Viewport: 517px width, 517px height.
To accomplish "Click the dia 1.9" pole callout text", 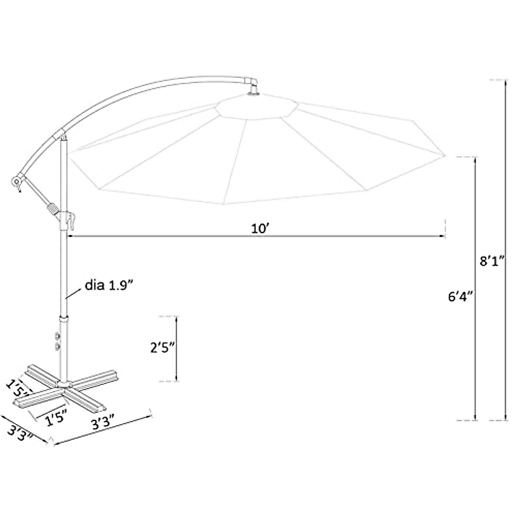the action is (109, 286).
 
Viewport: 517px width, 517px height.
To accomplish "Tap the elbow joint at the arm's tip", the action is (251, 81).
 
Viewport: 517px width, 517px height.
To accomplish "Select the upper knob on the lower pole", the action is (57, 336).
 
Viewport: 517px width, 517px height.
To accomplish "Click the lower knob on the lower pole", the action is (57, 347).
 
